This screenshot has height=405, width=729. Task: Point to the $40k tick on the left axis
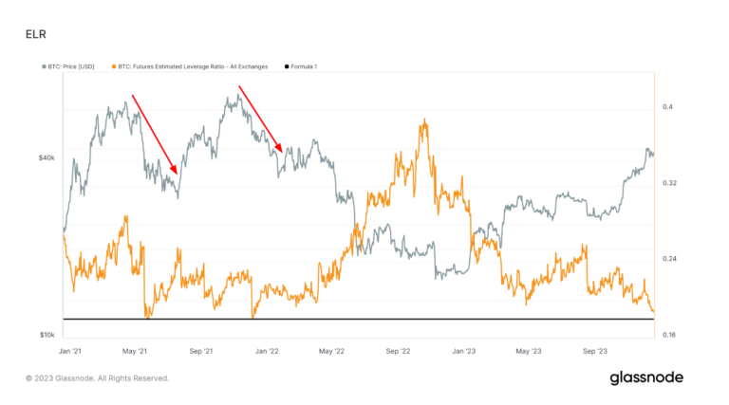coord(46,157)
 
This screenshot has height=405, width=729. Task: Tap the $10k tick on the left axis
coord(46,335)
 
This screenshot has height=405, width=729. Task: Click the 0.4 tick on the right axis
coord(668,107)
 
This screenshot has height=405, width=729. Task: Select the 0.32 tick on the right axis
coord(669,182)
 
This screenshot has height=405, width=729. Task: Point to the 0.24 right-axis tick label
coord(669,259)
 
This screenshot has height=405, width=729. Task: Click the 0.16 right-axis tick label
coord(669,334)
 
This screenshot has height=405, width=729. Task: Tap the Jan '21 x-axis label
coord(69,351)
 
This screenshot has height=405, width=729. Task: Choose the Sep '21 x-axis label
coord(200,351)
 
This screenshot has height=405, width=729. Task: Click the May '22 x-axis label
coord(331,351)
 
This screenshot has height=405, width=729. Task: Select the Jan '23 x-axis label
coord(464,351)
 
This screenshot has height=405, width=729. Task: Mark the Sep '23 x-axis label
coord(594,351)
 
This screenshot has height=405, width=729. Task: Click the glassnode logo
coord(645,377)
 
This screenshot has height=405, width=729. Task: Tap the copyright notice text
coord(98,378)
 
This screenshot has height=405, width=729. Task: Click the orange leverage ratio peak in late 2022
coord(424,120)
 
